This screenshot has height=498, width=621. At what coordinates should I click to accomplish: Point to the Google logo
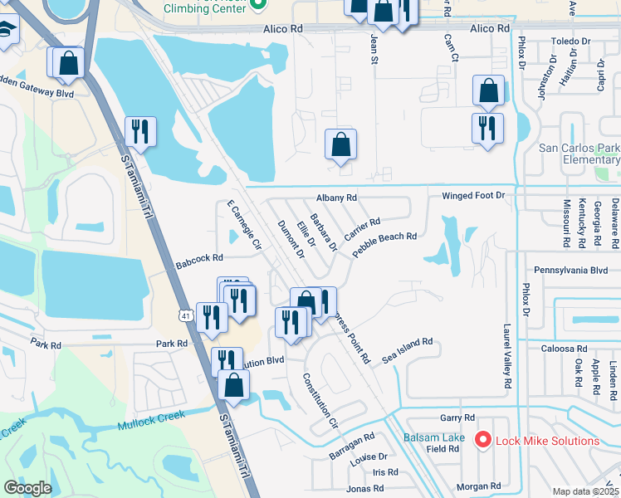[x=27, y=488]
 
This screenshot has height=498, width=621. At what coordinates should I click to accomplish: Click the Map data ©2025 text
[x=586, y=491]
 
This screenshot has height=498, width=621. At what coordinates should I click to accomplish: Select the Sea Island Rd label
[x=408, y=348]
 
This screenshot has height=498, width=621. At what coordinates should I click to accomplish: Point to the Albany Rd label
[x=336, y=198]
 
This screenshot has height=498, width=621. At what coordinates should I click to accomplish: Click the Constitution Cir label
[x=320, y=400]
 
